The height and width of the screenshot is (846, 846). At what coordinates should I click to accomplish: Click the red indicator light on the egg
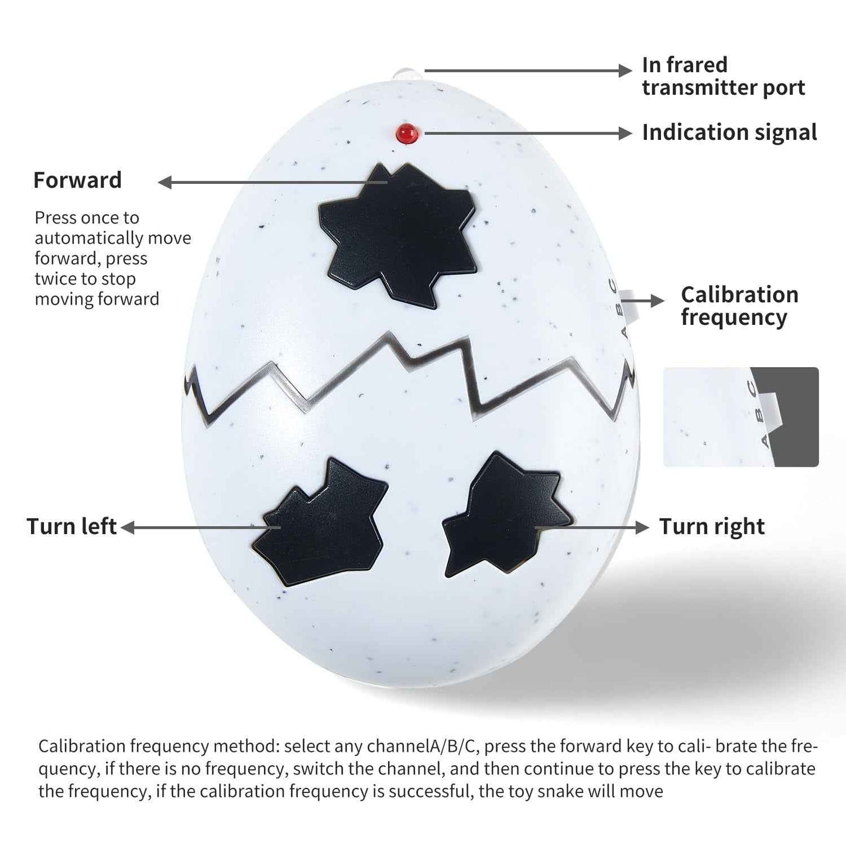(x=406, y=133)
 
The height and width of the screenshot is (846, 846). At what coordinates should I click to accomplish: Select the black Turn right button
(x=506, y=515)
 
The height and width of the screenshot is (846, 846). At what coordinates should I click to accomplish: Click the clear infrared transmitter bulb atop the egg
(x=407, y=74)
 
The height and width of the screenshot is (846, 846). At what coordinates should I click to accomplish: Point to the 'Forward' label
(x=77, y=180)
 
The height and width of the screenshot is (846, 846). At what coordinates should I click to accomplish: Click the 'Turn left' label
(x=71, y=526)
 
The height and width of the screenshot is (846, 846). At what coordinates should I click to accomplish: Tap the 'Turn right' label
(x=712, y=526)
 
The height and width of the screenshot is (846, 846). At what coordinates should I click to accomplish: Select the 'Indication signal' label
(x=729, y=132)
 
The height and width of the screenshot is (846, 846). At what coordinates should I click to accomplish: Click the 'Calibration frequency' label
(x=739, y=306)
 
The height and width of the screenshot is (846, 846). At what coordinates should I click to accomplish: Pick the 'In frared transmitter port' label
(x=723, y=76)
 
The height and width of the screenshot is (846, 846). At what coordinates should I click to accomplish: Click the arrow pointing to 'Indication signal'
(x=528, y=133)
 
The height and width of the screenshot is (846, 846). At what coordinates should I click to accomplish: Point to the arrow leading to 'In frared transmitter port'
(x=528, y=70)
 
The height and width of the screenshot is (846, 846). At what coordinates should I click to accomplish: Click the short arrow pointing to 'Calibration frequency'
(x=642, y=301)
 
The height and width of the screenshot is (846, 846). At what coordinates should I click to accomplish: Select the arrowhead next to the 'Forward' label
(x=165, y=182)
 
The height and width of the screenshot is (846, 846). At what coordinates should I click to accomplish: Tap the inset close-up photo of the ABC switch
(x=741, y=417)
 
